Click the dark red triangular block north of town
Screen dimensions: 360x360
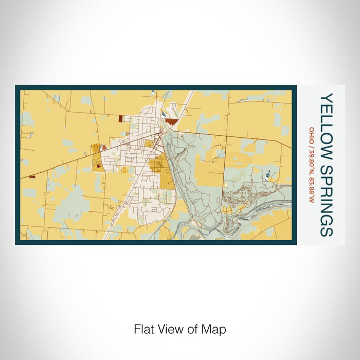171,121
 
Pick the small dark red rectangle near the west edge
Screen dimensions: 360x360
32,177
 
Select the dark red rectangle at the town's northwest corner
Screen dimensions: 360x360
121,118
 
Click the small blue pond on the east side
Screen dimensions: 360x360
267,178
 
